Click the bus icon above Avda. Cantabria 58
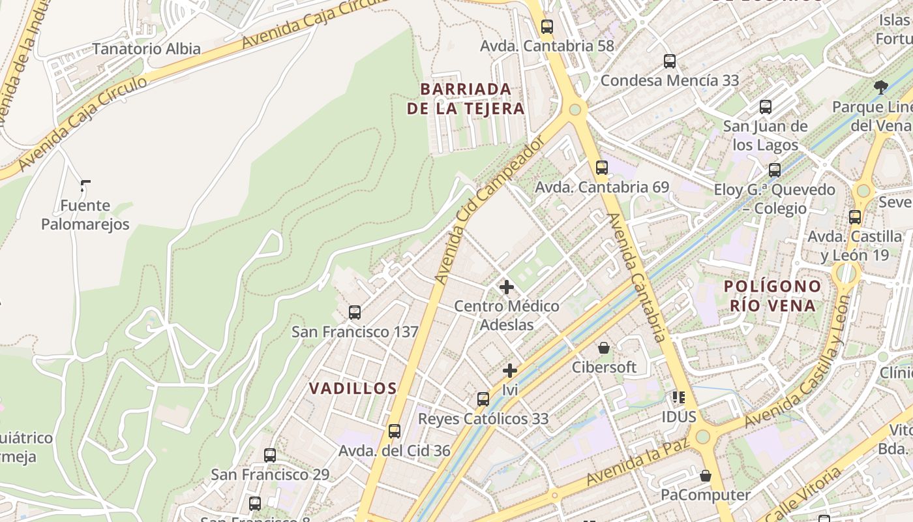546,27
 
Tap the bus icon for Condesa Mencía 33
670,61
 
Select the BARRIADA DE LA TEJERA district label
466,99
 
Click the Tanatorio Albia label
146,49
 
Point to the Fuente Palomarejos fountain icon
85,187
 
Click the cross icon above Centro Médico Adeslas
506,286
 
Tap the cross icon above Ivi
510,371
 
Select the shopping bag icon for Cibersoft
604,348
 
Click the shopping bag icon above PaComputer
705,476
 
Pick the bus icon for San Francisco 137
354,312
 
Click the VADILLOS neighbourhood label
353,389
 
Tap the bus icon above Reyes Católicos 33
483,399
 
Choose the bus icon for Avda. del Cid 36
394,431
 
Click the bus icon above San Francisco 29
269,455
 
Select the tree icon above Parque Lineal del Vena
880,87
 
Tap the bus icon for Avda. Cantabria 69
601,167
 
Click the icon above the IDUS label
678,397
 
